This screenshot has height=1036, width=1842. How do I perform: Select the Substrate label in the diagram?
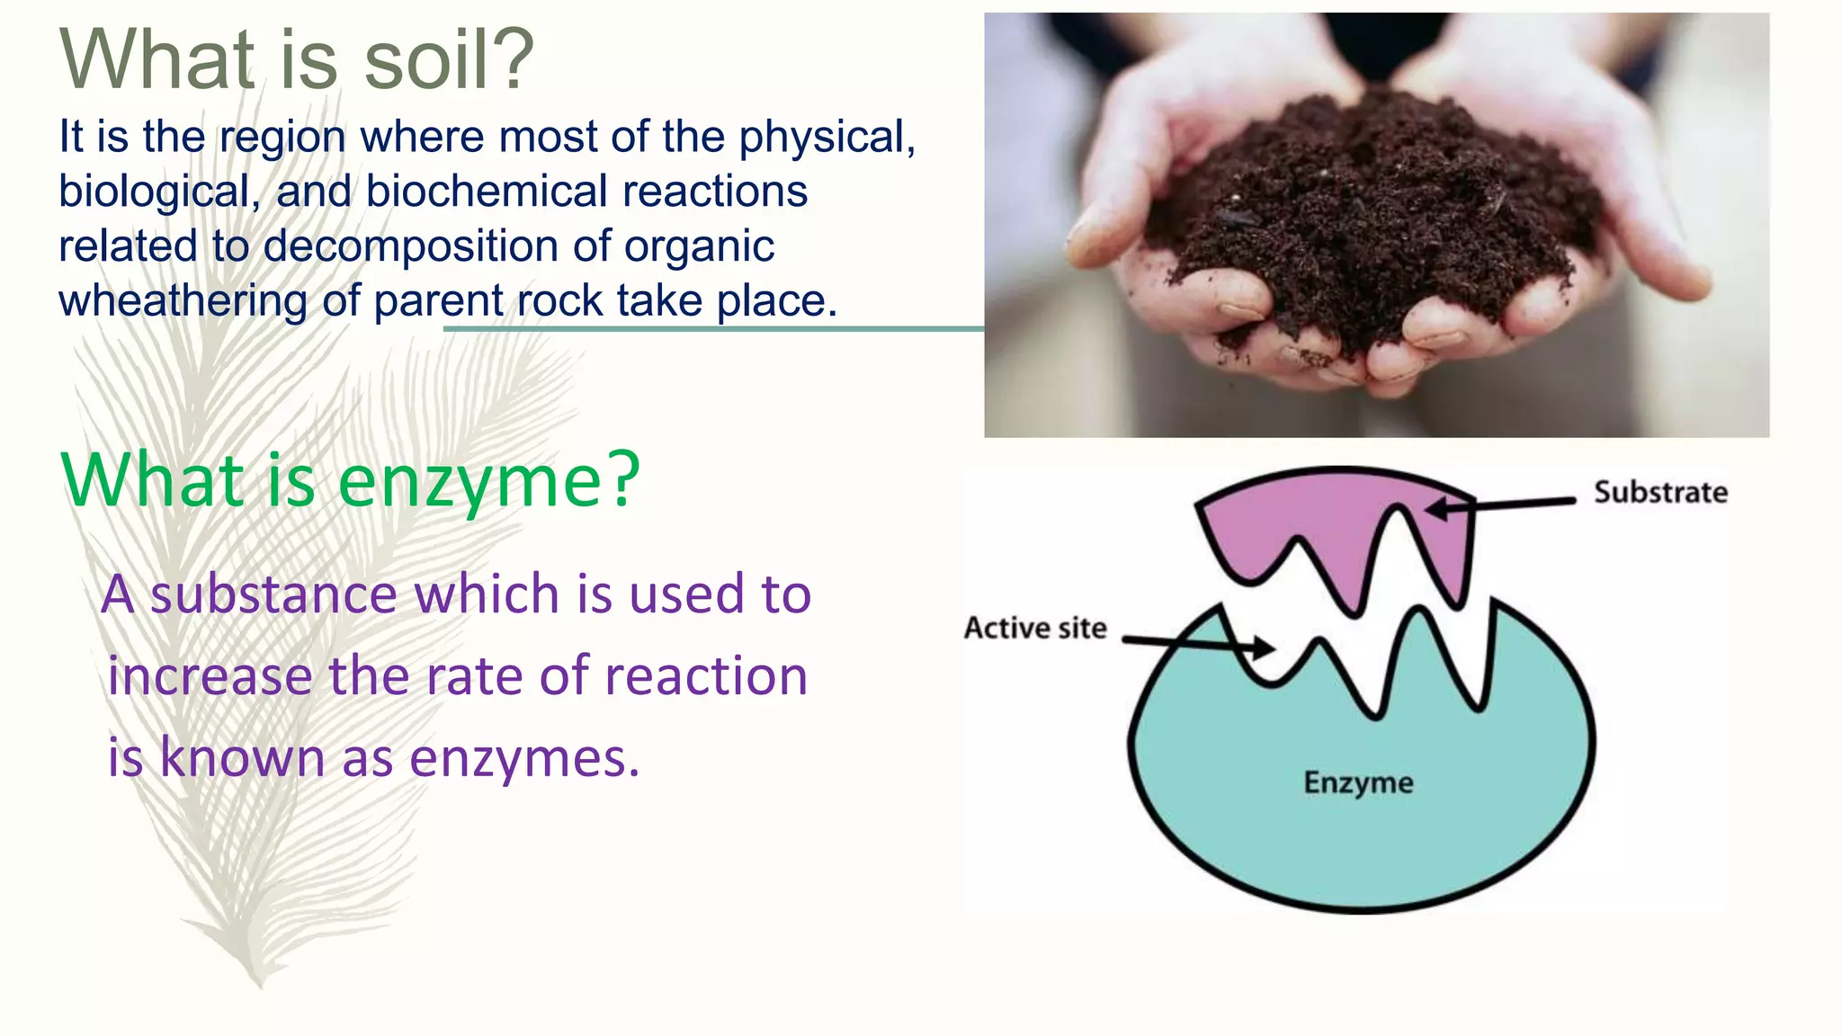[x=1660, y=493]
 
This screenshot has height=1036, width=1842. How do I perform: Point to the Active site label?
[x=1035, y=628]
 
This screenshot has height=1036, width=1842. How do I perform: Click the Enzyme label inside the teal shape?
[x=1358, y=782]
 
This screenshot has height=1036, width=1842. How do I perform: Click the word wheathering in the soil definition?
[x=183, y=301]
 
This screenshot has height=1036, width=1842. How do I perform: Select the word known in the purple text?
[x=242, y=758]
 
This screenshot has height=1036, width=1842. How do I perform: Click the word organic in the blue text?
[x=699, y=246]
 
